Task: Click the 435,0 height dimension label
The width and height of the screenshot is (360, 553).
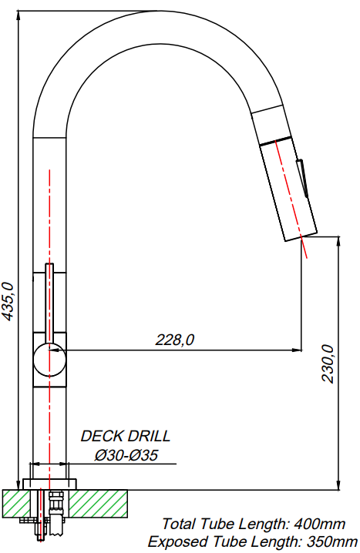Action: coord(8,302)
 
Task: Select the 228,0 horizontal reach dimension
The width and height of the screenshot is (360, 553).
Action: coord(175,340)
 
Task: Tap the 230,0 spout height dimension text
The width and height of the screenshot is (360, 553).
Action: coord(327,364)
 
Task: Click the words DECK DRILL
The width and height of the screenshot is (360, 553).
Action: coord(126,436)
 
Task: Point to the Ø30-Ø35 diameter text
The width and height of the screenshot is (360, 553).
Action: coord(126,455)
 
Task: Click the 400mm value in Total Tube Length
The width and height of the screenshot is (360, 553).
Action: coord(319,524)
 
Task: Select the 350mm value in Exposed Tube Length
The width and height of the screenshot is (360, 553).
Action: coord(331,541)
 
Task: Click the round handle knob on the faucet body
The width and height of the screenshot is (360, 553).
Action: coord(49,360)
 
